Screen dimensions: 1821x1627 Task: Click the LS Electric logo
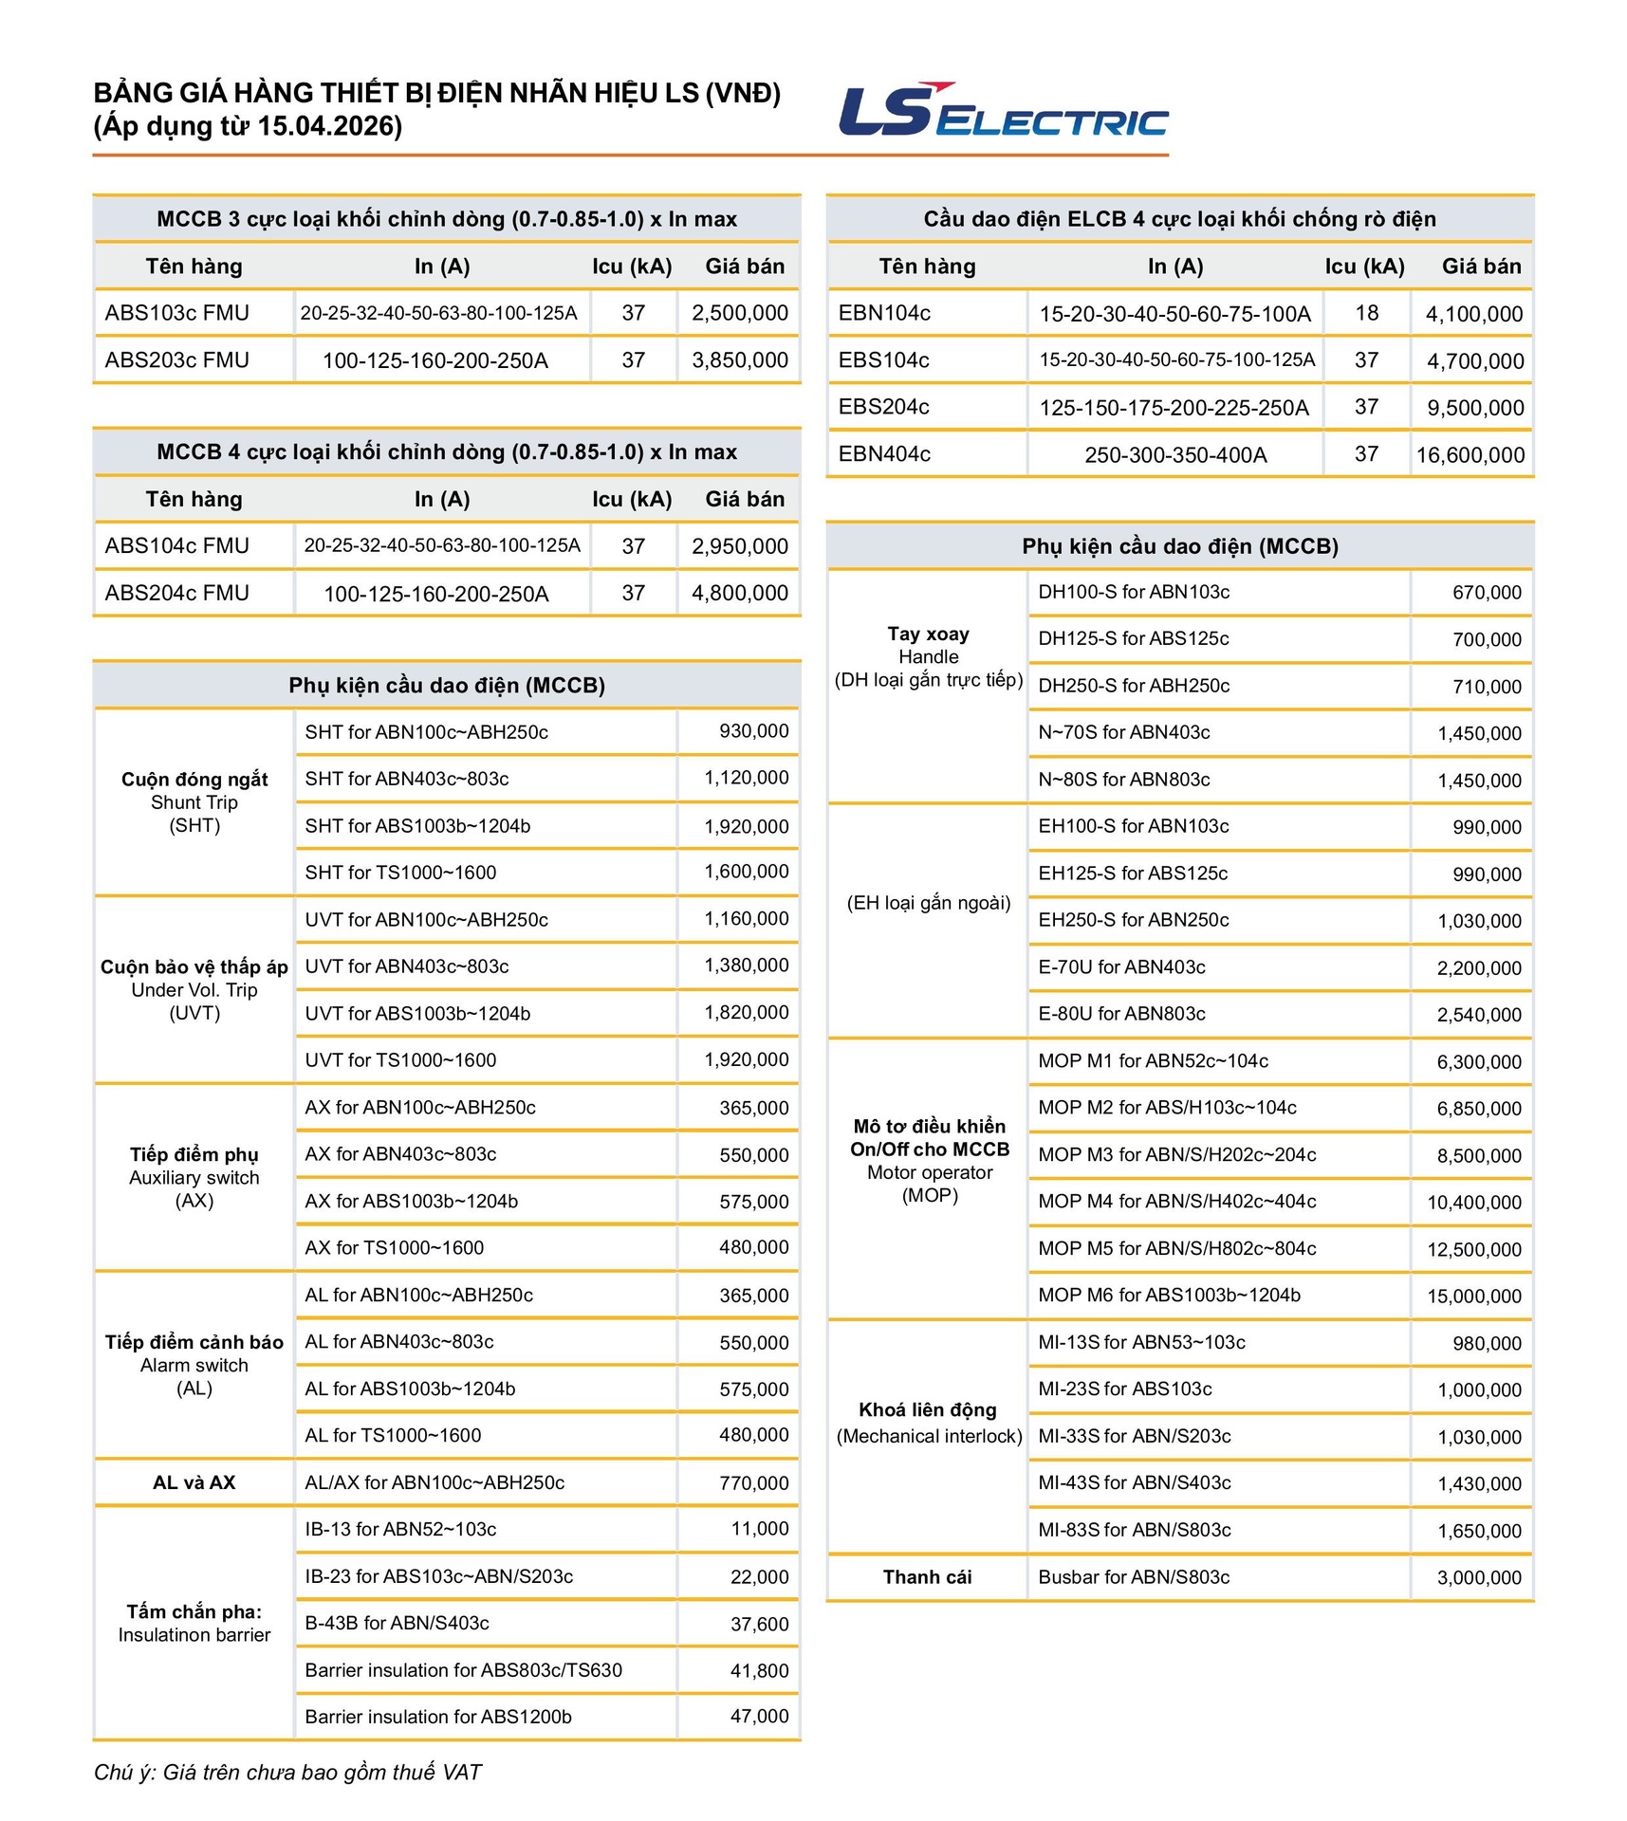tap(1003, 111)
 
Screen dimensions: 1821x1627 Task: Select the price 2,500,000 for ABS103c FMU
tap(739, 313)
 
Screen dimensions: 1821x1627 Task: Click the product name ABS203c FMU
tap(177, 360)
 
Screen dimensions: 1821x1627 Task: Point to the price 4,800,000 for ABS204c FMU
tap(739, 593)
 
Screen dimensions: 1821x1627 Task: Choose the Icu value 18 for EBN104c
tap(1366, 313)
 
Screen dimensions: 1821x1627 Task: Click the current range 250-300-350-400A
tap(1175, 454)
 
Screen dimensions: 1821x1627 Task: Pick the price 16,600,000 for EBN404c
tap(1470, 454)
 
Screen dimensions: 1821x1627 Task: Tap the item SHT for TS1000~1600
tap(400, 873)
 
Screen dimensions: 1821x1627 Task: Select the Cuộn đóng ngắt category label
tap(194, 780)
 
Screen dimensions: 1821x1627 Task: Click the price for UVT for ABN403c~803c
tap(746, 966)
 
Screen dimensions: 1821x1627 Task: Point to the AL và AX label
tap(194, 1482)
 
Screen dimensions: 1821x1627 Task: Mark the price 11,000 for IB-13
tap(759, 1529)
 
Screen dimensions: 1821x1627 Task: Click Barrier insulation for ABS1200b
tap(438, 1717)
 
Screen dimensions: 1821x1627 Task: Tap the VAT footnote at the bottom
tap(287, 1773)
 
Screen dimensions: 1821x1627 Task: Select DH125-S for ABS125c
tap(1133, 638)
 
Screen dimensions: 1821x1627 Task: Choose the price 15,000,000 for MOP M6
tap(1473, 1296)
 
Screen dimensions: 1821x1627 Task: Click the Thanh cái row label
tap(927, 1577)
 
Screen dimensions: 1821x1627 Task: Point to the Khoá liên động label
tap(928, 1410)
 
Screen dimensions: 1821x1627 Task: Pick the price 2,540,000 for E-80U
tap(1478, 1015)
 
